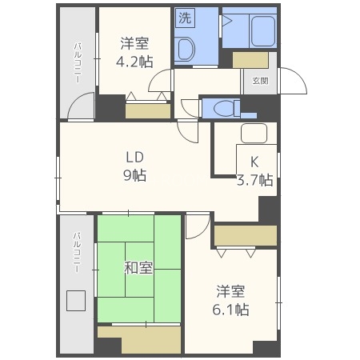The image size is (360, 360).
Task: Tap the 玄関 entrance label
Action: tap(260, 80)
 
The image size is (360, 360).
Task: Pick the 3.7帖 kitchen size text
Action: tap(255, 180)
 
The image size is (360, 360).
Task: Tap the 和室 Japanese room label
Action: tap(138, 268)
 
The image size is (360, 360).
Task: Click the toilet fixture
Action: tap(225, 106)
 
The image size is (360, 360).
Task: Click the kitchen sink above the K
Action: tap(254, 134)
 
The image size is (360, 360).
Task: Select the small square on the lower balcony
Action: tap(75, 302)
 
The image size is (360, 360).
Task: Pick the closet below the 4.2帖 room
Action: tap(147, 111)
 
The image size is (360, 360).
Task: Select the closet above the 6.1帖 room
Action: tap(245, 236)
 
